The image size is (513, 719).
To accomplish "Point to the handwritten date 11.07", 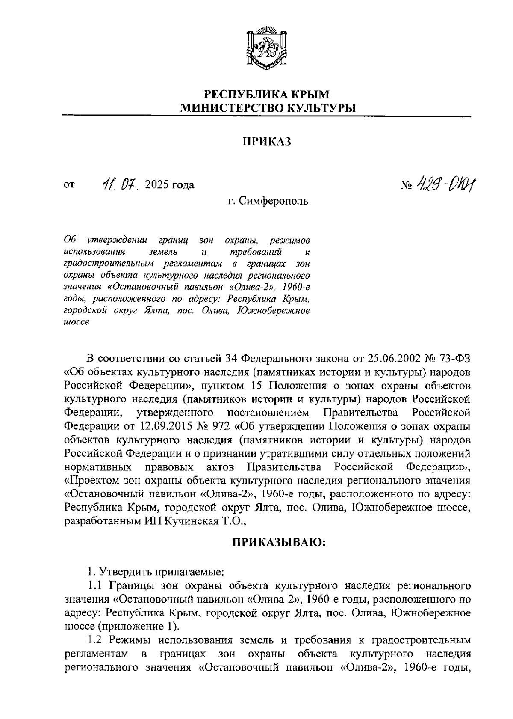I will point(119,185).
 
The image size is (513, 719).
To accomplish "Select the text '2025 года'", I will point(170,185).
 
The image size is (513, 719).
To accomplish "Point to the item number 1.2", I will point(95,641).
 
